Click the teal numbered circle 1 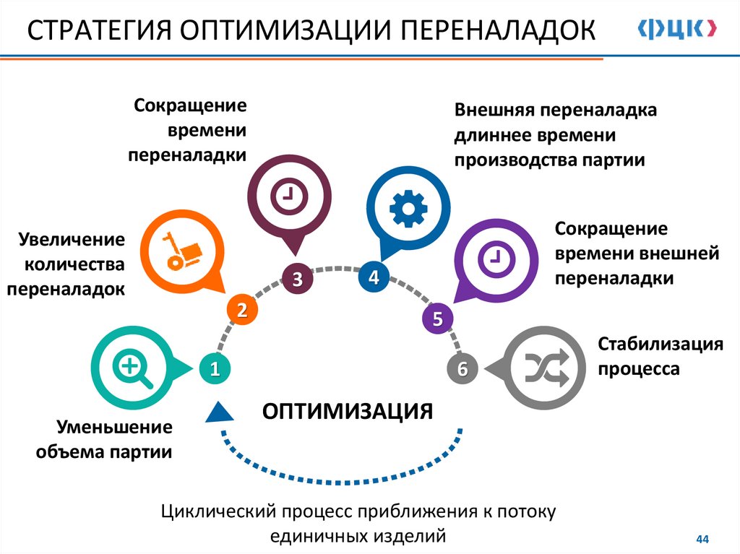(215, 369)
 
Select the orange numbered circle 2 (242, 311)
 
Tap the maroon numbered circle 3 (297, 278)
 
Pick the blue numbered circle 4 (374, 277)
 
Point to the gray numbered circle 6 (462, 369)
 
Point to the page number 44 (702, 539)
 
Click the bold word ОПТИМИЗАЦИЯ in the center (347, 411)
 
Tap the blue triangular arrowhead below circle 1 (220, 412)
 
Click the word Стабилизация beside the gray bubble (661, 344)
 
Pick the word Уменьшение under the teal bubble (115, 426)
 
